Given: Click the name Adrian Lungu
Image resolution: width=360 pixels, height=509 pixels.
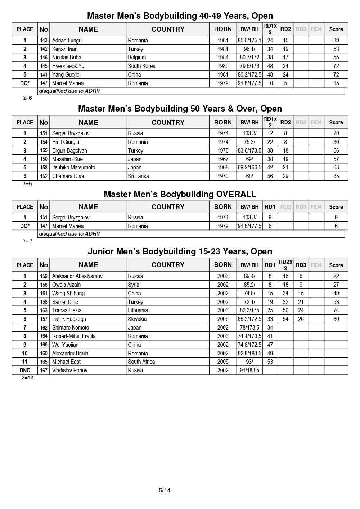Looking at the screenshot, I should coord(67,41).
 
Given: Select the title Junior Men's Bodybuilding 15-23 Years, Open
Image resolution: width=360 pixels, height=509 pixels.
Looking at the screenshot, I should coord(180,251).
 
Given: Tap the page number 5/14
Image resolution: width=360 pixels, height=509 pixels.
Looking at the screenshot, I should coord(165,490).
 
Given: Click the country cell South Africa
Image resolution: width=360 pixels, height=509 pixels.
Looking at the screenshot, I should coord(141,362).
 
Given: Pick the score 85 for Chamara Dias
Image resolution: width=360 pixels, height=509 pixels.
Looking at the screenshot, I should coord(336,176).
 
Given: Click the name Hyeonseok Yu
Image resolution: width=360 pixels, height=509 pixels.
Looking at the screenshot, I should coord(68,66).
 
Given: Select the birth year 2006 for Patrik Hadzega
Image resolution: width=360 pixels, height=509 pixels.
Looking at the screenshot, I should coord(223,319).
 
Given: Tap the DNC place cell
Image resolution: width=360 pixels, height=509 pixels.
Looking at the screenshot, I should coord(25,371).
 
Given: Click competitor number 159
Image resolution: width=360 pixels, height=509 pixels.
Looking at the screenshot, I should coord(44,276).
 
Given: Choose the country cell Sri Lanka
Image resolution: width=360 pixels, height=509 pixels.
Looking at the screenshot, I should coord(138,176).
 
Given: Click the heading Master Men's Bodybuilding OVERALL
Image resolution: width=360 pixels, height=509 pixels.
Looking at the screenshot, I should coord(180,194).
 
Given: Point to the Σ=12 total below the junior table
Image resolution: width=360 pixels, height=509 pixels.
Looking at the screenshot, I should coord(27,378).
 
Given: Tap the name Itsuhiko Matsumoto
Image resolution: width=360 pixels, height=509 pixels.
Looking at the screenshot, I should coord(74,168).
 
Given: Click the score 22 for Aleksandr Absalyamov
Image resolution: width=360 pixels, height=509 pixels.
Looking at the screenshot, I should coord(336,276).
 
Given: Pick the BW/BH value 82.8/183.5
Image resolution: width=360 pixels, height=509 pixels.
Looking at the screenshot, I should coord(249,353).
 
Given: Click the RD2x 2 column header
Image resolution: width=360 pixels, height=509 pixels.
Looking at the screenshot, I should coord(285,265).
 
